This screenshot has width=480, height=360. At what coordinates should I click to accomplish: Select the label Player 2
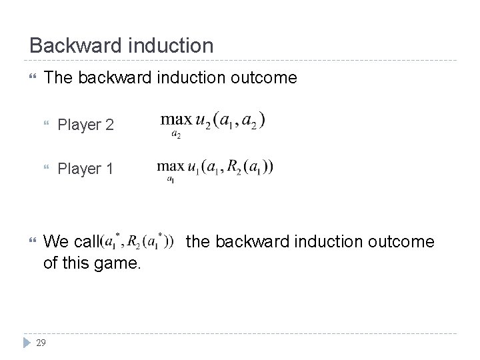(x=85, y=124)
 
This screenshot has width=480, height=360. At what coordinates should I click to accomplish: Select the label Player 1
(x=85, y=169)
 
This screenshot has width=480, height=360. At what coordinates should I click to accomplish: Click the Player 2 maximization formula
(x=213, y=123)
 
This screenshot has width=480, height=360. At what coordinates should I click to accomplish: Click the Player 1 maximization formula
(x=215, y=168)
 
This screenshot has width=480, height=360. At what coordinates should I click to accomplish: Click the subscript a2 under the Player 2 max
(x=175, y=134)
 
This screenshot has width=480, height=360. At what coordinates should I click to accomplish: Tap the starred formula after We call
(x=136, y=241)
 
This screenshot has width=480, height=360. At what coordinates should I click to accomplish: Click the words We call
(x=70, y=242)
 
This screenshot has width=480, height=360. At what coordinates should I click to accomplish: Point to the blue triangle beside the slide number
(x=25, y=343)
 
